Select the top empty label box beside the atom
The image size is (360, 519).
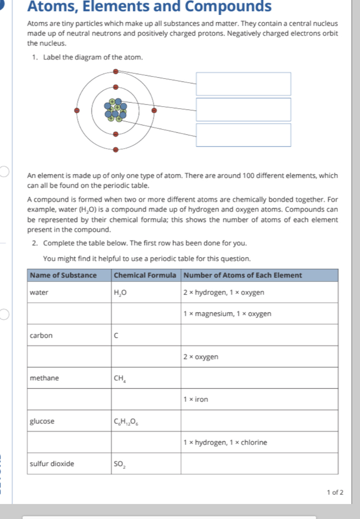point(243,84)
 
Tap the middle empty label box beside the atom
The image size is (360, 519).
point(243,110)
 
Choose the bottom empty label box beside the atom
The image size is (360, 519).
point(243,135)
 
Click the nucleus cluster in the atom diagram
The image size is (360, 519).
point(115,110)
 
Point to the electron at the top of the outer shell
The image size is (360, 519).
point(115,71)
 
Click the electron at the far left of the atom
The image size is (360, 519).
point(76,111)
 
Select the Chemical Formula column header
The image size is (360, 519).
point(145,276)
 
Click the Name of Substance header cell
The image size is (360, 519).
point(63,276)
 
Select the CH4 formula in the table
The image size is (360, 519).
point(119,378)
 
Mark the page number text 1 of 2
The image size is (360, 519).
point(335,493)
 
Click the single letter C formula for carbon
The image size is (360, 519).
point(116,336)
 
